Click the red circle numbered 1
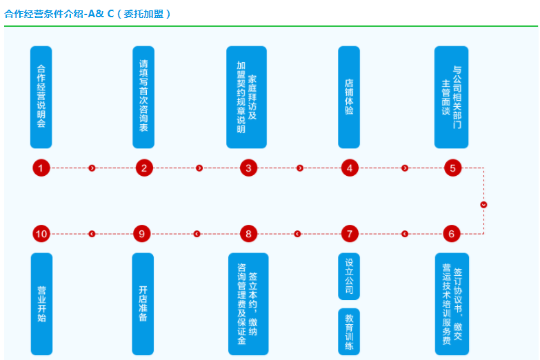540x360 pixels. (41, 168)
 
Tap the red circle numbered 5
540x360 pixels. (452, 168)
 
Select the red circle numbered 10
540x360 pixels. (41, 234)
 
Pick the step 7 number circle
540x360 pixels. (350, 234)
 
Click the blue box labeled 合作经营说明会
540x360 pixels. (41, 97)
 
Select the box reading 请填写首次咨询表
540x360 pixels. (143, 97)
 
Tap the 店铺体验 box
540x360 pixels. (349, 97)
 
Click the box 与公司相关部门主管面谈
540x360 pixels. (452, 97)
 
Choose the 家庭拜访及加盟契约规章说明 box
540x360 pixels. (247, 97)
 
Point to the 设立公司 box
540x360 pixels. (349, 277)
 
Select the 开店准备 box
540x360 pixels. (143, 303)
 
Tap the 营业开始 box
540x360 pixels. (41, 303)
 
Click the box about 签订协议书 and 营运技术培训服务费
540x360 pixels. (452, 303)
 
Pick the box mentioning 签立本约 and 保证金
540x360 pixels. (248, 303)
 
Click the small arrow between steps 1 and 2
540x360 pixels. (92, 168)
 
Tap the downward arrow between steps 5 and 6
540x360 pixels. (483, 204)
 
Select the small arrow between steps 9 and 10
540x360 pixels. (92, 234)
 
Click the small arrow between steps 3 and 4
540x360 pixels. (300, 168)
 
